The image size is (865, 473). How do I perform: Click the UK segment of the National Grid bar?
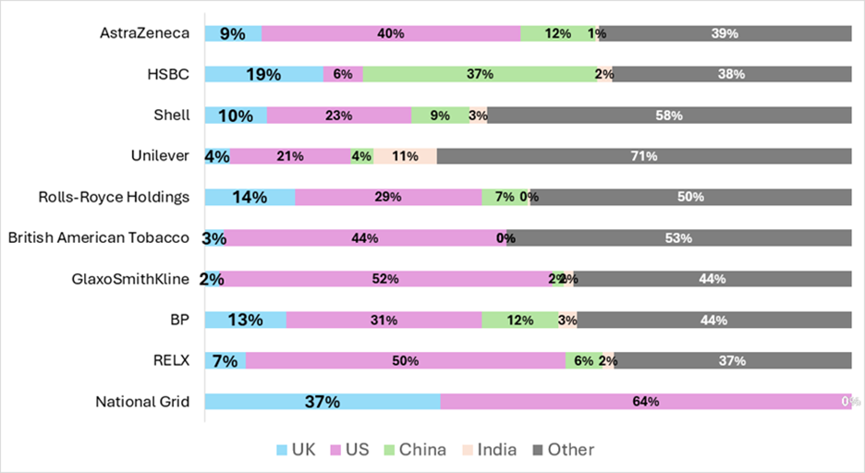tap(323, 402)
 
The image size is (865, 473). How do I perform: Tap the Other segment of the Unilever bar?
tap(643, 156)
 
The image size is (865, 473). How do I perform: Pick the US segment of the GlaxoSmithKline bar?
tap(385, 279)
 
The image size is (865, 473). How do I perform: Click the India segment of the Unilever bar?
tap(405, 156)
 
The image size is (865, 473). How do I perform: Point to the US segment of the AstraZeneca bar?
tap(391, 34)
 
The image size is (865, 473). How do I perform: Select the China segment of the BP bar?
tap(519, 320)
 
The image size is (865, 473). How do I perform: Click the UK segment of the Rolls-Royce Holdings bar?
tap(250, 197)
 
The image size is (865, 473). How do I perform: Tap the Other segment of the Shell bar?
tap(669, 115)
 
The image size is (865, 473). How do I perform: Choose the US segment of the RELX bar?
tap(406, 360)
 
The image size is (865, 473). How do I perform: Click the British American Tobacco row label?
tap(99, 237)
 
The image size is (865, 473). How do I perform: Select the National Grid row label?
tap(142, 401)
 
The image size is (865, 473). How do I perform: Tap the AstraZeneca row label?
tap(144, 33)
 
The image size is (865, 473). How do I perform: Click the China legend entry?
tap(415, 450)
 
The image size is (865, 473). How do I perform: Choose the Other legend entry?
tap(562, 450)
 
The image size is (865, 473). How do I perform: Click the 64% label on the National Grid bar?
tap(645, 402)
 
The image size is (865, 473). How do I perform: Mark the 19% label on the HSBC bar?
tap(263, 75)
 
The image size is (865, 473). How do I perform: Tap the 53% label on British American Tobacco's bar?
tap(678, 238)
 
